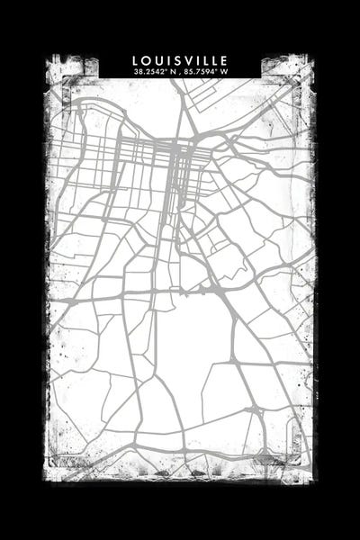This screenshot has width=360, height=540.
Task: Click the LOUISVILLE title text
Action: (180, 60)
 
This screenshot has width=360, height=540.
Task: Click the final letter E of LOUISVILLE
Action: (225, 60)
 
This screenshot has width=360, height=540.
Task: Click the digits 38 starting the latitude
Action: (137, 71)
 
